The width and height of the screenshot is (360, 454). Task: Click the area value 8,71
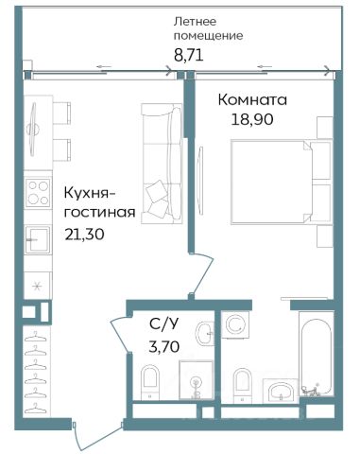click(189, 55)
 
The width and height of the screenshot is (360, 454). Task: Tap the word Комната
click(252, 100)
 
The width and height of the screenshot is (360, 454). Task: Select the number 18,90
click(252, 119)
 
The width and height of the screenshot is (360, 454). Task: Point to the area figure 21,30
click(84, 235)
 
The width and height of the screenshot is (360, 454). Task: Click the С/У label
click(164, 324)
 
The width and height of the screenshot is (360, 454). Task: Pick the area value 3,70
click(164, 346)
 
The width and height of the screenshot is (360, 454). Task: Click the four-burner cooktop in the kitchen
click(38, 192)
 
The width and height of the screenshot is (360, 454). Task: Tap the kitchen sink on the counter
click(38, 239)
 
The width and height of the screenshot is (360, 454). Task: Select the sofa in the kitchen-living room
click(162, 164)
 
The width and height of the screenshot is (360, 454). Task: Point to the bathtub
click(316, 354)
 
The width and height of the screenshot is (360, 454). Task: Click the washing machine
click(235, 324)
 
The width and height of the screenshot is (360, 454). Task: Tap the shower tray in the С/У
click(196, 380)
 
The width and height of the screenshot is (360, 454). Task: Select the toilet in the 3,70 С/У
click(150, 382)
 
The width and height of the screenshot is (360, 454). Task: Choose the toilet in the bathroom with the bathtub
click(243, 385)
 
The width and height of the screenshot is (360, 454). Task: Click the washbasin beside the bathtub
click(282, 391)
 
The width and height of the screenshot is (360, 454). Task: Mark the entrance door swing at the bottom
click(97, 438)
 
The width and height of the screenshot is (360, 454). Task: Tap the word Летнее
click(196, 22)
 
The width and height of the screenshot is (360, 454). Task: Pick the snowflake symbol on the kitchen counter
click(38, 287)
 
